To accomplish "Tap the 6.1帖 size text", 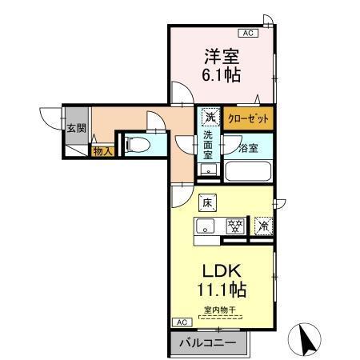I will coord(221,76).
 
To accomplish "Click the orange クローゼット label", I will coord(247,118).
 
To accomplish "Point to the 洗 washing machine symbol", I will coord(209,117).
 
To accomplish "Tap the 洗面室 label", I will coord(209,146).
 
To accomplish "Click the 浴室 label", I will coord(248,147).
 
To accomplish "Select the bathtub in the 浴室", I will coord(248,170).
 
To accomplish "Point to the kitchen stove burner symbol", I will coord(235,226).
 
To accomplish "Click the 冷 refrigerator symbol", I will coord(263,226).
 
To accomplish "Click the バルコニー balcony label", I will coord(206,342).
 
